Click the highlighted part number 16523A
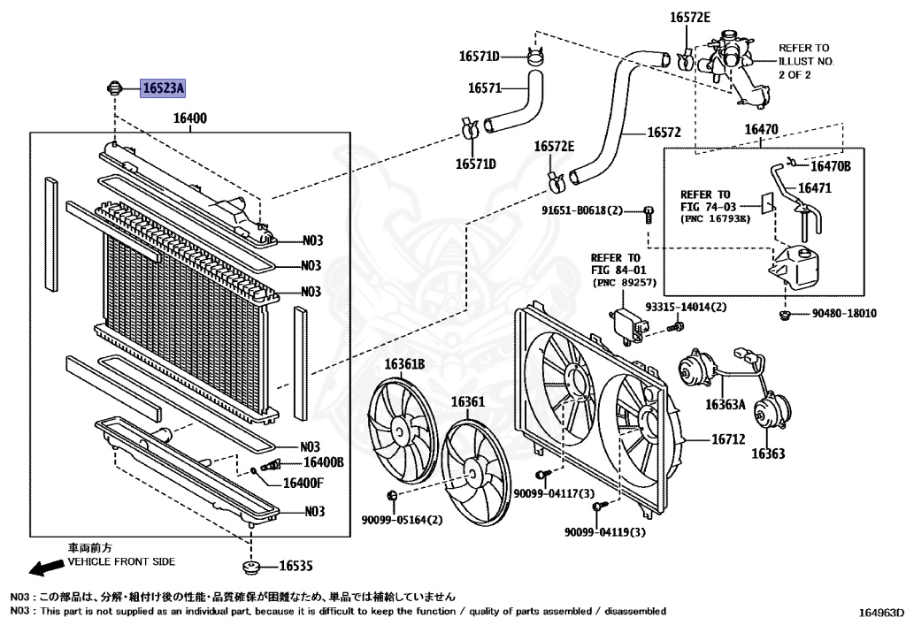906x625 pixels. (163, 88)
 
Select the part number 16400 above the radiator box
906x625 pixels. (190, 118)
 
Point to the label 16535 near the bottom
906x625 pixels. (296, 566)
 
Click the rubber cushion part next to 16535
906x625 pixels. (250, 566)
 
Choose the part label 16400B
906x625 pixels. (324, 462)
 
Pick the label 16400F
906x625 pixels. (303, 483)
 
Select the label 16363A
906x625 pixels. (726, 405)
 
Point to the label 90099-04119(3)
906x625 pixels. (605, 532)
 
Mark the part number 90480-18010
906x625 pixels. (844, 314)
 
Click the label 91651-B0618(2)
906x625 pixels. (582, 210)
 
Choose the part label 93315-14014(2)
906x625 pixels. (685, 307)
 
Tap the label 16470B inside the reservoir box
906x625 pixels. (830, 165)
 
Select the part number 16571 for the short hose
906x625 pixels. (485, 88)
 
